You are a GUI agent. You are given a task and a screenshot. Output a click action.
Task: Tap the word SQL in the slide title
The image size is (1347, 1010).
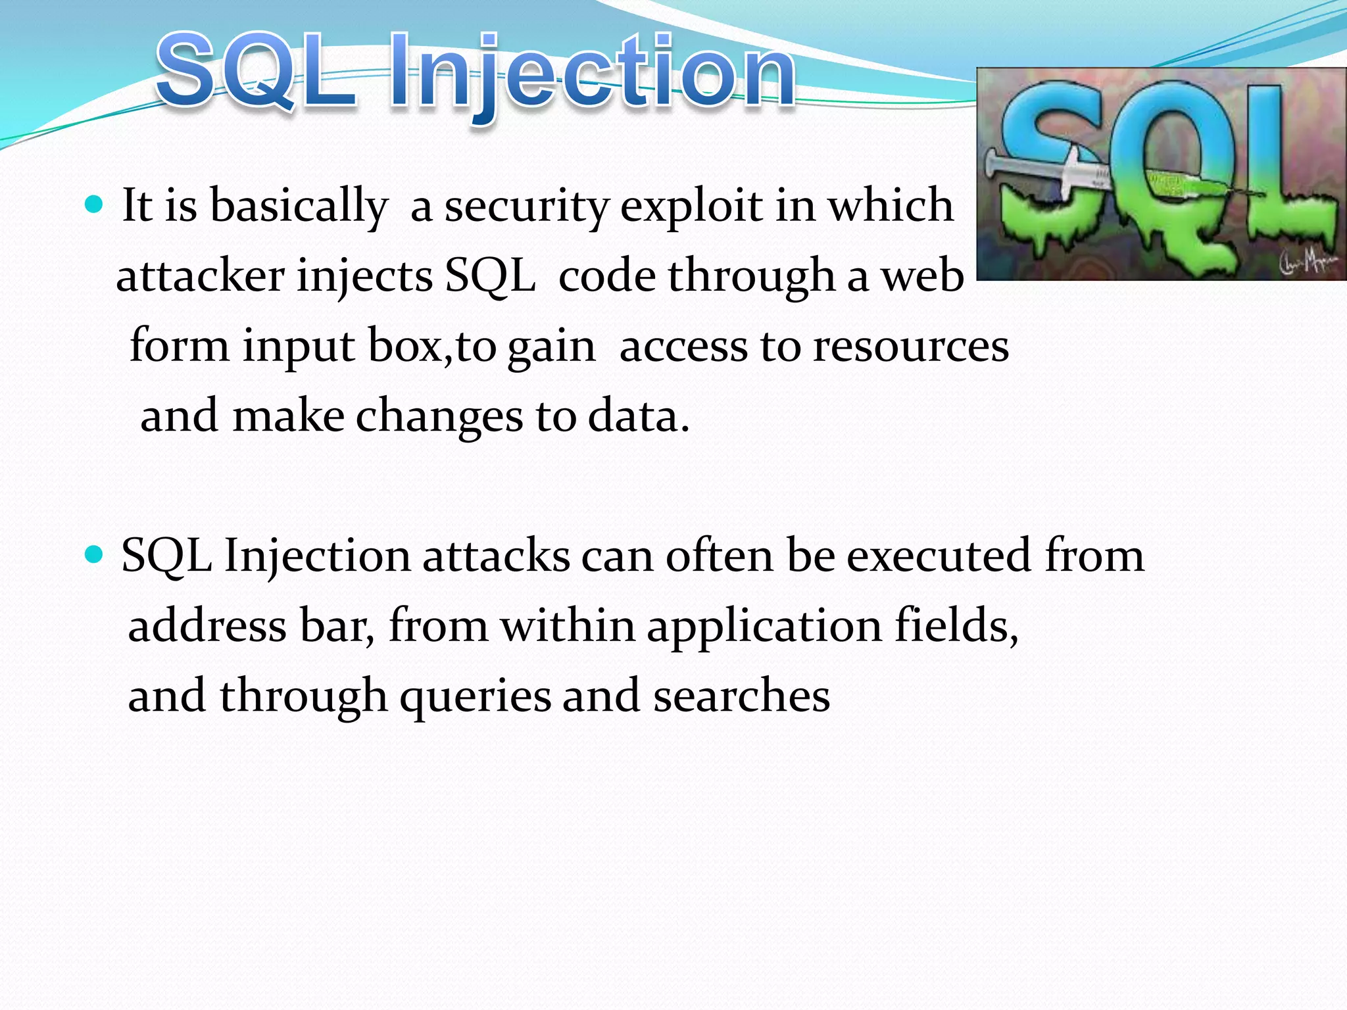pyautogui.click(x=257, y=71)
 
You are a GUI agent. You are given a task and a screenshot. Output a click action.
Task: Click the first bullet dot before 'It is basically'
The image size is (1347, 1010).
pyautogui.click(x=95, y=205)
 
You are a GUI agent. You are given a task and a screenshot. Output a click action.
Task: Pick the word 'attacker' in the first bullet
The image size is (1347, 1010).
pyautogui.click(x=200, y=276)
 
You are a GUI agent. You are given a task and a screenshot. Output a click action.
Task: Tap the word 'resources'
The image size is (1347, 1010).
pyautogui.click(x=910, y=347)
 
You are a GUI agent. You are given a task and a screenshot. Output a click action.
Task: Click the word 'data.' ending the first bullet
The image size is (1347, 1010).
pyautogui.click(x=639, y=417)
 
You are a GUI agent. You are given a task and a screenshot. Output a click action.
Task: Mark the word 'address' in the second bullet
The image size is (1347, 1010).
pyautogui.click(x=207, y=625)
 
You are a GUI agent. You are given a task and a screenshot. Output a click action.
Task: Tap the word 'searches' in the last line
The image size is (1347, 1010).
pyautogui.click(x=741, y=696)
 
